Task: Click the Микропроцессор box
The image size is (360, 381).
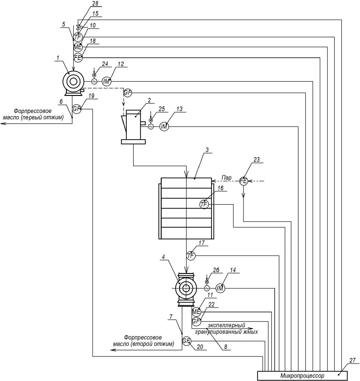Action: tap(302, 376)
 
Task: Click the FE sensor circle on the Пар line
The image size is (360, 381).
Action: tap(244, 181)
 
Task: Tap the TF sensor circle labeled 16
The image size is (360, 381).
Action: tap(204, 204)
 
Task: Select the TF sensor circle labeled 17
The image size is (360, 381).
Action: tap(191, 256)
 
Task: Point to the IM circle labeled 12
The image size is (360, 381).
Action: tap(106, 81)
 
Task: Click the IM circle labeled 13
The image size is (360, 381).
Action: tap(164, 127)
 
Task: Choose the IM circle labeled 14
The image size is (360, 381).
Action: tap(220, 288)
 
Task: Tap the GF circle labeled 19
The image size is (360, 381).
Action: tap(77, 109)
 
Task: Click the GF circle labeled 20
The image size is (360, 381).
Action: tap(187, 341)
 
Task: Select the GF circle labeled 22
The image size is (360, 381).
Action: tap(196, 321)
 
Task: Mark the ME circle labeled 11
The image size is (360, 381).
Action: tap(196, 312)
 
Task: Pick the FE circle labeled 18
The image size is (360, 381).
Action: tap(78, 57)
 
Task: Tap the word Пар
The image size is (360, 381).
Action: tap(227, 178)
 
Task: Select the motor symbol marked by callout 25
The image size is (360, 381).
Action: tap(151, 127)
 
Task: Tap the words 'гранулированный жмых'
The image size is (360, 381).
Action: tap(226, 332)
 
